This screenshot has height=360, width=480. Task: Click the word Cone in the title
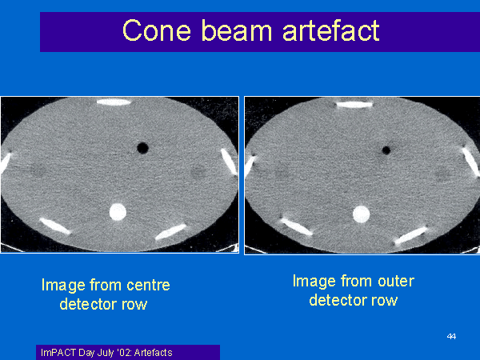point(157,30)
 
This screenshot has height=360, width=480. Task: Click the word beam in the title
point(237,30)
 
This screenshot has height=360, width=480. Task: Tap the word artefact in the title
point(331,30)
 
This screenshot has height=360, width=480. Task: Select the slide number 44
point(451,337)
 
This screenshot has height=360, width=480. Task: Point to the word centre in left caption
point(148,285)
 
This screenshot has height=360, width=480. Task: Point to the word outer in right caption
point(396,281)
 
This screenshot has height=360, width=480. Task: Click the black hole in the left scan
point(142,148)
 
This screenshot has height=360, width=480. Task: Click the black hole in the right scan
point(386,150)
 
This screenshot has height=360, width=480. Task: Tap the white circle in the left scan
point(118,212)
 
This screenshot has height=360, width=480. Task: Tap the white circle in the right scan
point(362,214)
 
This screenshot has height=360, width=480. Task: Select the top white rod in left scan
point(114,102)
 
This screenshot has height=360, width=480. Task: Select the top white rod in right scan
point(354,105)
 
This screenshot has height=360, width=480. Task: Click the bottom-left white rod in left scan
point(55,226)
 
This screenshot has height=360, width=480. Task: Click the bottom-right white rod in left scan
point(171,232)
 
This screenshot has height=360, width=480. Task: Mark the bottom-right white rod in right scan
point(410,235)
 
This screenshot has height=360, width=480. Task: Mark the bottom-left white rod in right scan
point(296,226)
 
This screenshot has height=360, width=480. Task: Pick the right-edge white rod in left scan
point(229,162)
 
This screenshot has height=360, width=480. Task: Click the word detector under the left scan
point(88,304)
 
